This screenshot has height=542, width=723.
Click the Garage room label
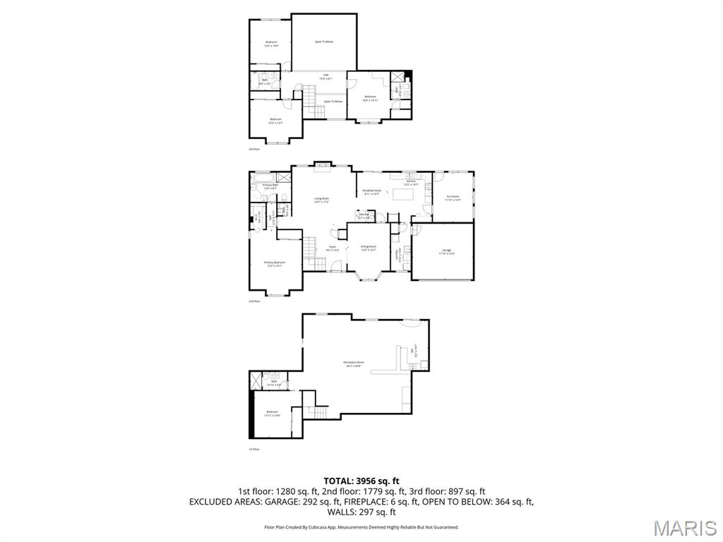point(447,251)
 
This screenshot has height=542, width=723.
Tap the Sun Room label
point(453,198)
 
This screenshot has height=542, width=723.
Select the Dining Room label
point(369,248)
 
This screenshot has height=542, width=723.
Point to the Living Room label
point(322,200)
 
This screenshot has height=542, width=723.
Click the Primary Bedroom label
point(274,264)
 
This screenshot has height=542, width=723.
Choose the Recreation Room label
point(354,363)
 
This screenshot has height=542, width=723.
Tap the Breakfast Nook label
point(371,192)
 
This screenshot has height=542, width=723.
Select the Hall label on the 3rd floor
point(326,76)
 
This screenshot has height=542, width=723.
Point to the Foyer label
point(332,248)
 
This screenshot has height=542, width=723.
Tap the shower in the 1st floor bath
point(256,380)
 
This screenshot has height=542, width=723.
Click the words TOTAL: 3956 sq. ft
point(361,481)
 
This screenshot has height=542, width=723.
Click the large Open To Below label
point(324,42)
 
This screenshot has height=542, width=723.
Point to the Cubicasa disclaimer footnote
point(361,527)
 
